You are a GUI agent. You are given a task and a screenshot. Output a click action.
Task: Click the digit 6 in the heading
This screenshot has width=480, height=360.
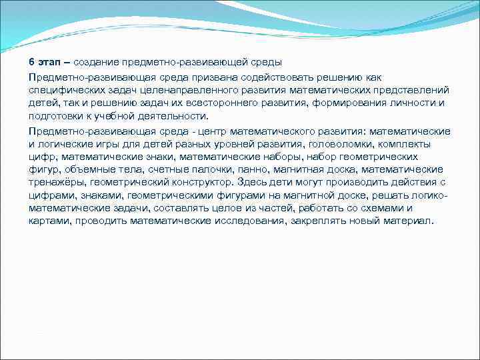coord(32,62)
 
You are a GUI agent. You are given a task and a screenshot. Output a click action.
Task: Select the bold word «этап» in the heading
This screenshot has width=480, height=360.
coord(49,62)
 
